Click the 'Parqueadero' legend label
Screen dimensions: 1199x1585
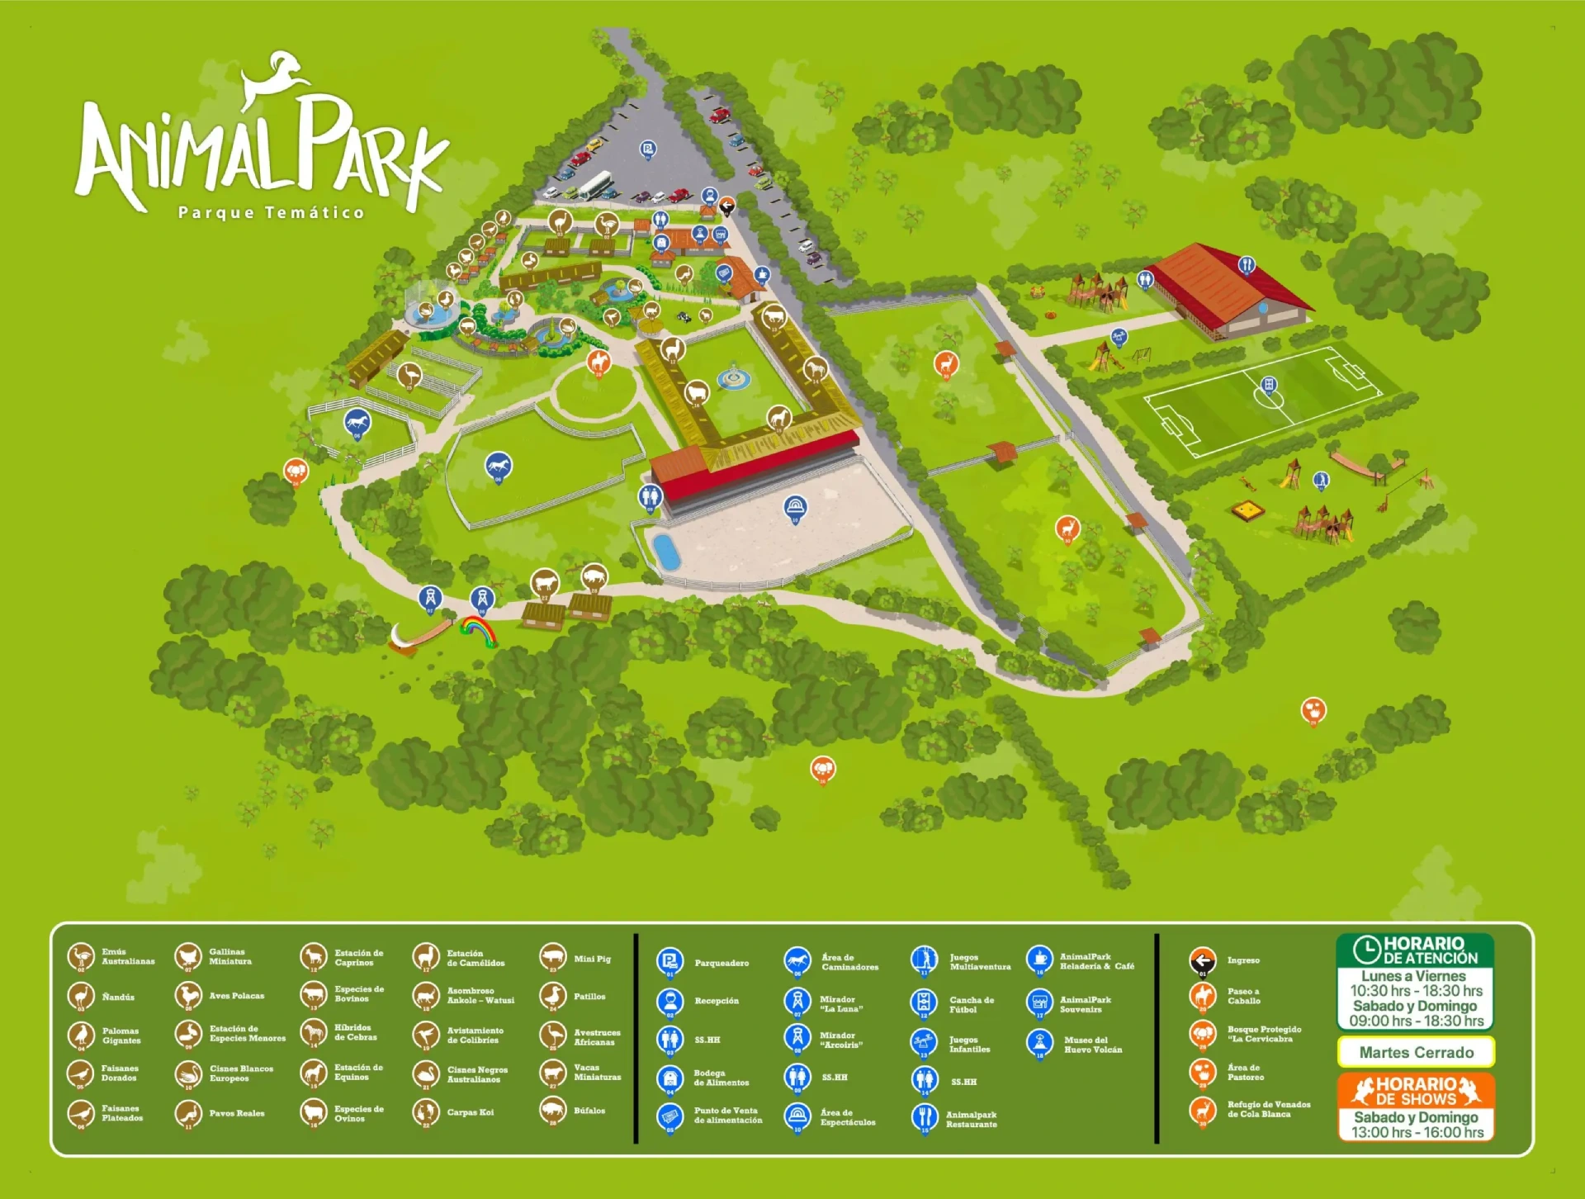pos(722,963)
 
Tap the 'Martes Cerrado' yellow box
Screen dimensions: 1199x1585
pos(1416,1052)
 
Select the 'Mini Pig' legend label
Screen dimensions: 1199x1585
pos(592,959)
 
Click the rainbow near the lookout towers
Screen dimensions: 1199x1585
pos(479,630)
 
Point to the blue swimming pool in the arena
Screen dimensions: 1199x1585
pos(665,551)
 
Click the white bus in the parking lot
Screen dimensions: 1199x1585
pos(594,184)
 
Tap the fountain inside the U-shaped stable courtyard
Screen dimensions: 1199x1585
pos(733,377)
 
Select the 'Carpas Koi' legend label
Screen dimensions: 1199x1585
pos(470,1112)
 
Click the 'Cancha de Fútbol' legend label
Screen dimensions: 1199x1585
pos(971,1004)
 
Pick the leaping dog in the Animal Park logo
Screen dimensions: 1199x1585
pos(275,79)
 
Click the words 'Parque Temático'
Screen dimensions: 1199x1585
pos(271,213)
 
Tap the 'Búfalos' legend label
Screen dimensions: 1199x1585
pos(589,1111)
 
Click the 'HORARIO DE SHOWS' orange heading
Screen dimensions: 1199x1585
pos(1416,1091)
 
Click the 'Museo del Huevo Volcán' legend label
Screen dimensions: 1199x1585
pos(1092,1045)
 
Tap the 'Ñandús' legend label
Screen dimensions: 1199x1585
pos(118,997)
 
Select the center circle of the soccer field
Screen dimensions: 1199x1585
pos(1269,396)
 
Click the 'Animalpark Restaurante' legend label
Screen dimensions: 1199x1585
pos(971,1119)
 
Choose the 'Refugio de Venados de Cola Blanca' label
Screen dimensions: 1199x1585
pos(1268,1109)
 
